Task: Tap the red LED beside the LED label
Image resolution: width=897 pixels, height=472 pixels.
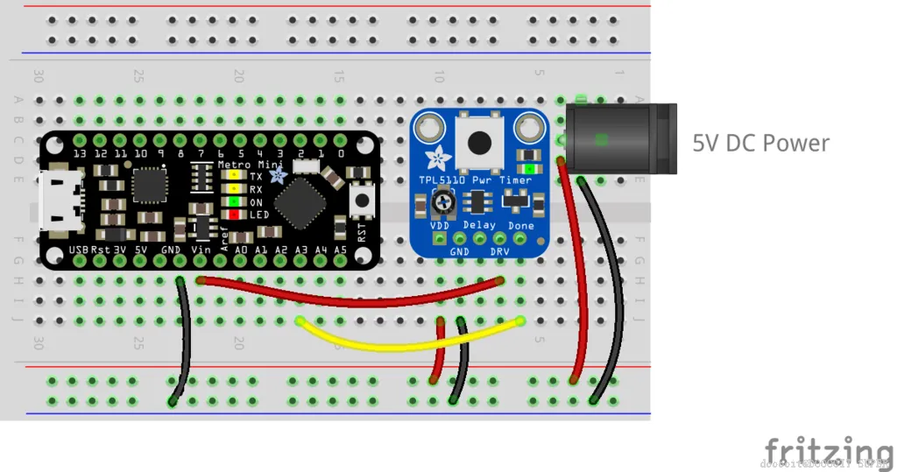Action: coord(234,215)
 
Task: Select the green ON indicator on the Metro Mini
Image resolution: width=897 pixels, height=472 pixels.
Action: coord(234,201)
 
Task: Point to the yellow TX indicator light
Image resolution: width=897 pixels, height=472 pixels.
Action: coord(234,176)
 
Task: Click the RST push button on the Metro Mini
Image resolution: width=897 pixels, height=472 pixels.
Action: coord(359,201)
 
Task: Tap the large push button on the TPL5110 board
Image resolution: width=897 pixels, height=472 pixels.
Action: coord(478,140)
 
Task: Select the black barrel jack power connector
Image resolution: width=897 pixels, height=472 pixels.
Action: coord(620,138)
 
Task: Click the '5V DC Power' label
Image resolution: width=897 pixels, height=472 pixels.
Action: coord(760,144)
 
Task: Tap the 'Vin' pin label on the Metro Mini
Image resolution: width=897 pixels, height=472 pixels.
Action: coord(200,250)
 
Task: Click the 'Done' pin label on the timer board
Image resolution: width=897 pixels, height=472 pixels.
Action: coord(521,225)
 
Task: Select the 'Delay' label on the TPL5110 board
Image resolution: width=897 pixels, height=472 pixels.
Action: coord(479,225)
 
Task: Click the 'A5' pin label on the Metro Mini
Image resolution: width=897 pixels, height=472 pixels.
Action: coord(341,250)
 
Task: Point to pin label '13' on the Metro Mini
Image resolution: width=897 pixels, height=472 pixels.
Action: coord(81,154)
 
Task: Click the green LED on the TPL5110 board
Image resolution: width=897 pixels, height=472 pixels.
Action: coord(528,167)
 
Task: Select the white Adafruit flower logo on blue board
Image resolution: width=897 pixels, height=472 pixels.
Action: coord(434,159)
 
